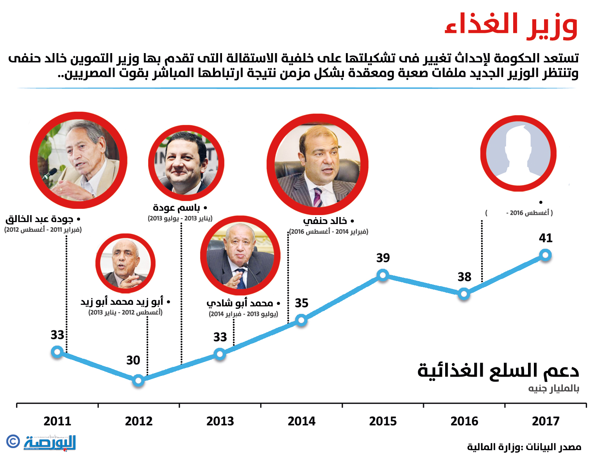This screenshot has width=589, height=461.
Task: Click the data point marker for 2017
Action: pyautogui.click(x=545, y=255)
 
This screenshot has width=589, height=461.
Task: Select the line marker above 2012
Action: pyautogui.click(x=138, y=380)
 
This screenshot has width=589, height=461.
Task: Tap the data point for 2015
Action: pyautogui.click(x=383, y=275)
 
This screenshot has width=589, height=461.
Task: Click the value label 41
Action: pyautogui.click(x=546, y=238)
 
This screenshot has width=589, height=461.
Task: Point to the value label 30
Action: pyautogui.click(x=133, y=360)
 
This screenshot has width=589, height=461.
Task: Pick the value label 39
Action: pyautogui.click(x=383, y=258)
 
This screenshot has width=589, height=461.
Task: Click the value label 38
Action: pyautogui.click(x=464, y=277)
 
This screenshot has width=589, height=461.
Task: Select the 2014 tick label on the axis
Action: pyautogui.click(x=301, y=421)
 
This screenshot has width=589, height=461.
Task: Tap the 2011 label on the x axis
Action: pyautogui.click(x=57, y=421)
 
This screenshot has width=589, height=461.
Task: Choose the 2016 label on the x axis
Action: pyautogui.click(x=464, y=421)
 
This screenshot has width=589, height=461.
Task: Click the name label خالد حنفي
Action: pyautogui.click(x=325, y=221)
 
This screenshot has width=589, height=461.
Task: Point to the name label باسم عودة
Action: pyautogui.click(x=177, y=208)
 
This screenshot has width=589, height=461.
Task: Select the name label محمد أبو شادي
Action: pyautogui.click(x=240, y=303)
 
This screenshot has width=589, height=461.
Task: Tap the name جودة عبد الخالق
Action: pyautogui.click(x=39, y=219)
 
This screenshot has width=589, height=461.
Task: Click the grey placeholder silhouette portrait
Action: pyautogui.click(x=518, y=153)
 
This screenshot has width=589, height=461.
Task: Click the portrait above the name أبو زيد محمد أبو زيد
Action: pyautogui.click(x=125, y=263)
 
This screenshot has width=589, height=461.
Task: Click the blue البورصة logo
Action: pyautogui.click(x=50, y=443)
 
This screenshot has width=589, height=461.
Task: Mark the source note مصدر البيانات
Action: pyautogui.click(x=524, y=447)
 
